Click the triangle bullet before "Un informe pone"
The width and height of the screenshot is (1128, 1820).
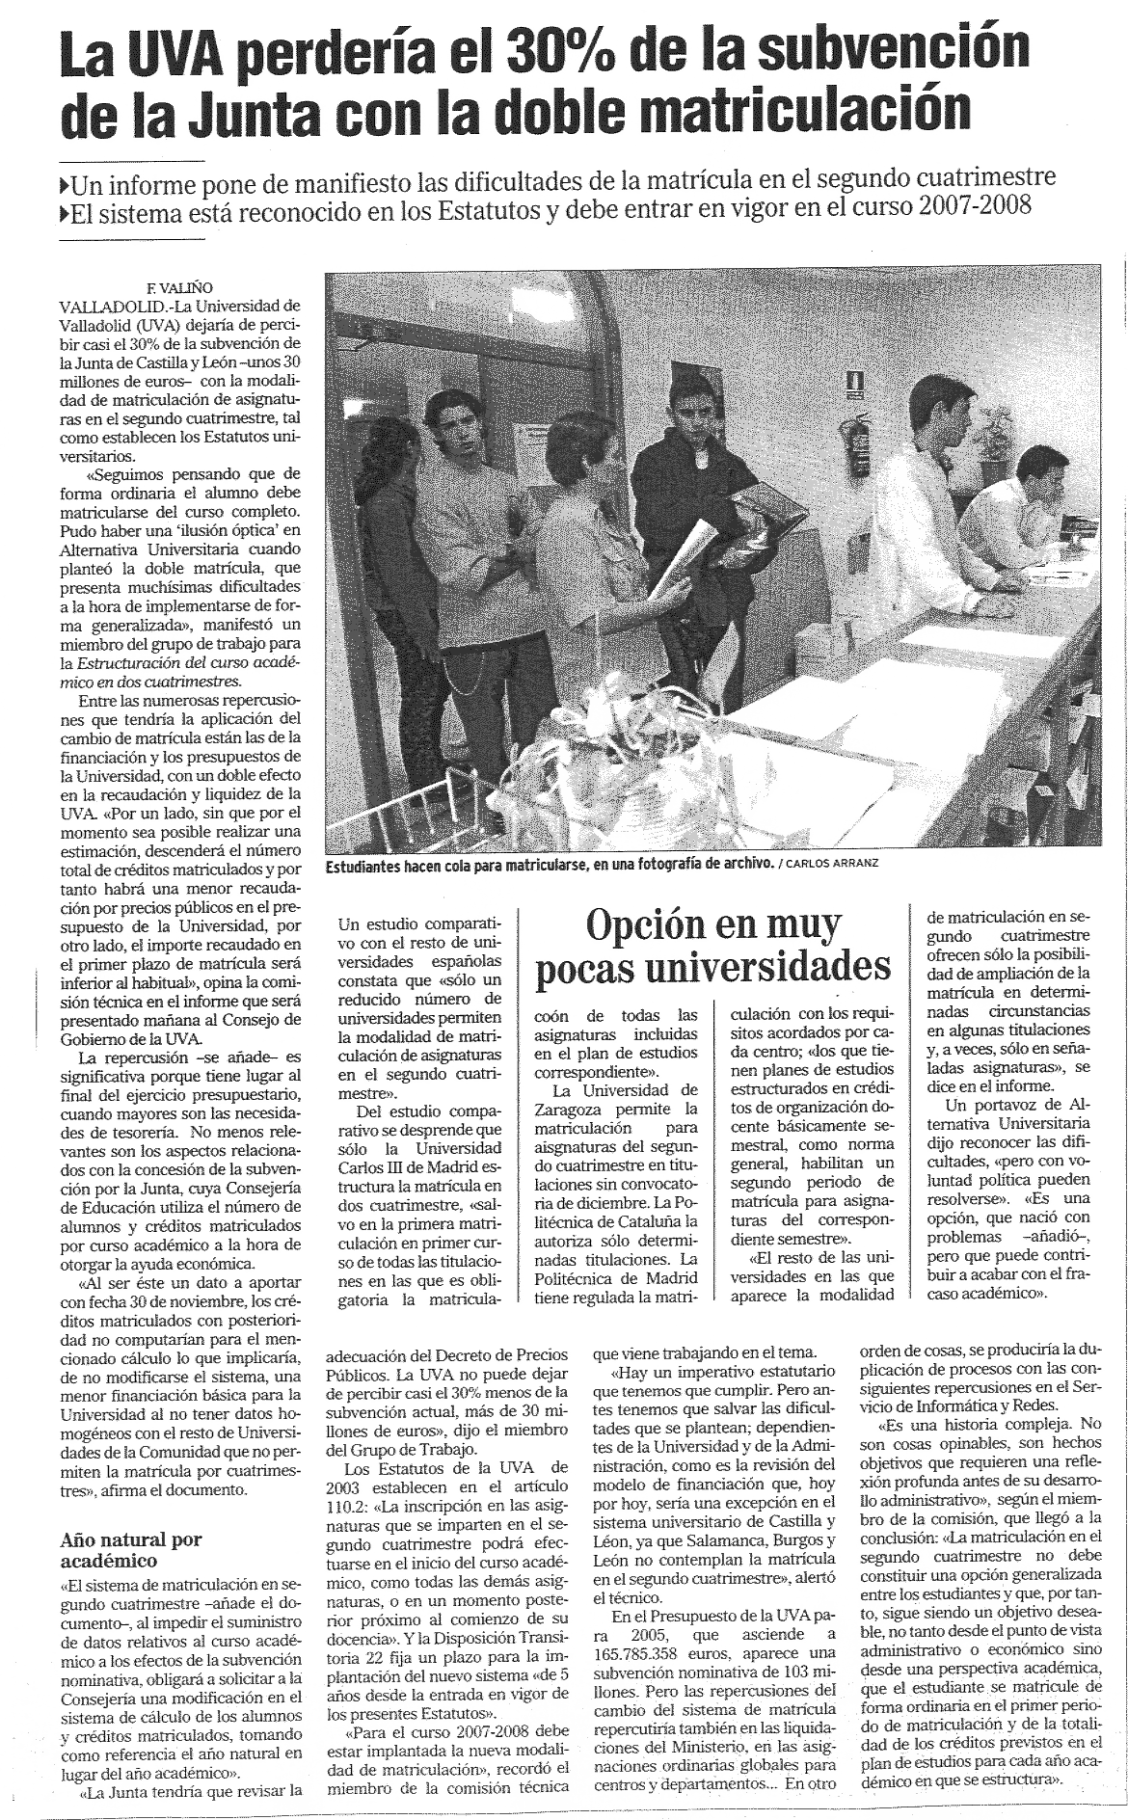[66, 182]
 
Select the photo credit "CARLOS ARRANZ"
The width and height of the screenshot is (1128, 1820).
[835, 865]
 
